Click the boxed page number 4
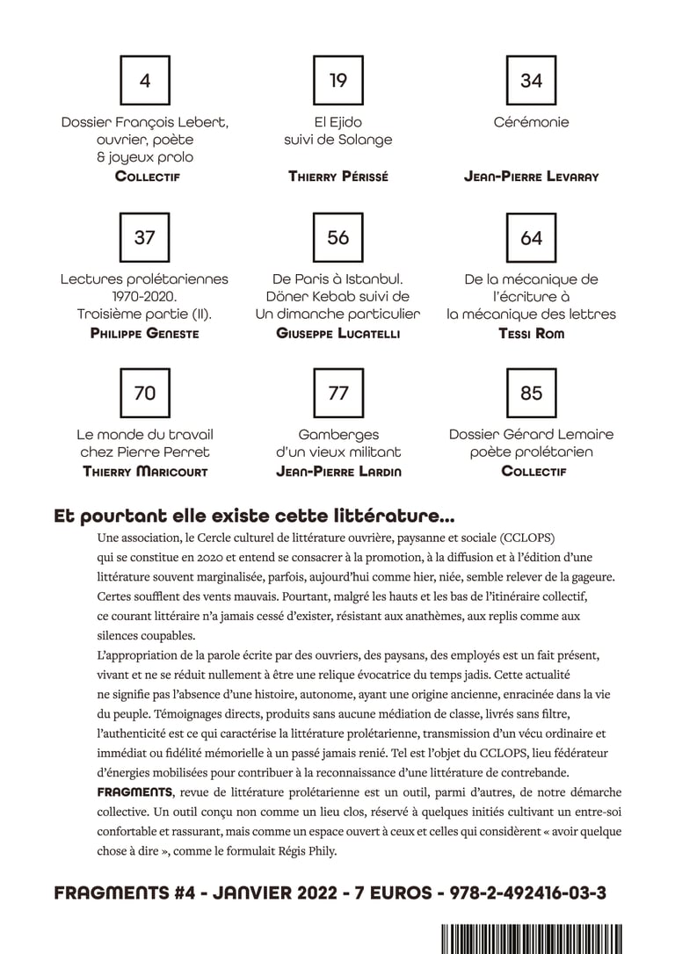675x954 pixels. click(x=145, y=81)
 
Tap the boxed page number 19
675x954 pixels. click(x=338, y=81)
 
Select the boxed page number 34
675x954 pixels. click(x=532, y=81)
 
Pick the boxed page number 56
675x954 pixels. click(x=338, y=237)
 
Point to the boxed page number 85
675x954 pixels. click(x=532, y=394)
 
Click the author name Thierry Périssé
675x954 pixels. click(x=338, y=177)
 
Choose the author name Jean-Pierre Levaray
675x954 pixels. click(x=532, y=177)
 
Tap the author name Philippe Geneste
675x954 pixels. click(x=145, y=334)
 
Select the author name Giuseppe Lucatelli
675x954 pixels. click(x=338, y=334)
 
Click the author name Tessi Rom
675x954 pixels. click(x=532, y=334)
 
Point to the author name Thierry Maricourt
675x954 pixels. click(x=145, y=472)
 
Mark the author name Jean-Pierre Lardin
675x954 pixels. click(x=338, y=472)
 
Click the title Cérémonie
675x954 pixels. click(x=532, y=122)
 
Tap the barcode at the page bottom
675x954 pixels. click(x=531, y=939)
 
